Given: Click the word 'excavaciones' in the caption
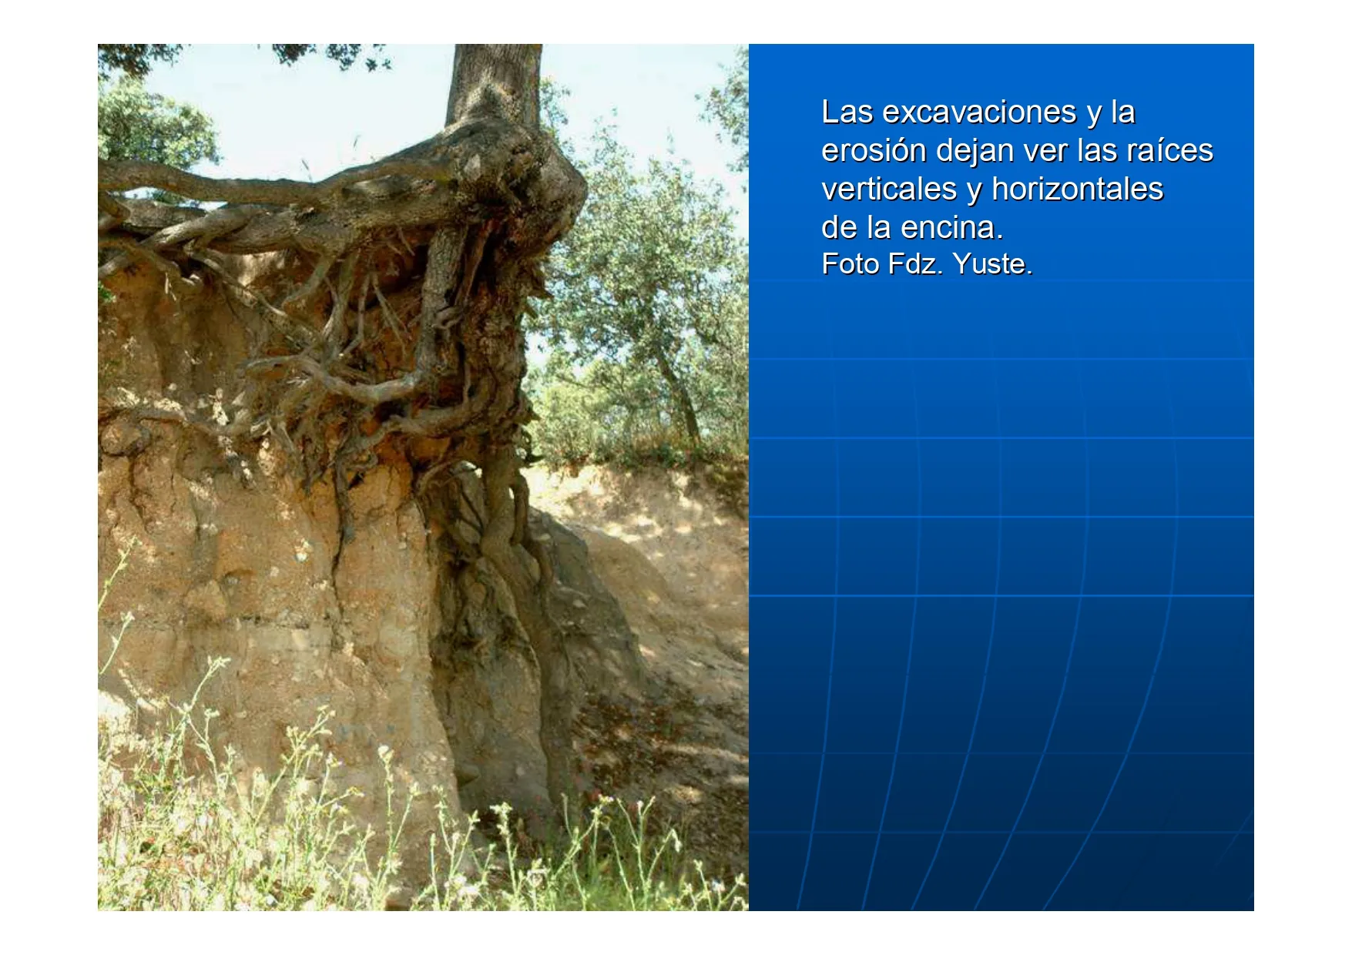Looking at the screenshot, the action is [979, 112].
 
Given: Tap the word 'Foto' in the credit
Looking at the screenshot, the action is [850, 264].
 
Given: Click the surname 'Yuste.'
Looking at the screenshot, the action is [992, 264].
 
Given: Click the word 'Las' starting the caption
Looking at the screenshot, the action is [847, 112].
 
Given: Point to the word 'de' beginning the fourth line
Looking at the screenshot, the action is [839, 228].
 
